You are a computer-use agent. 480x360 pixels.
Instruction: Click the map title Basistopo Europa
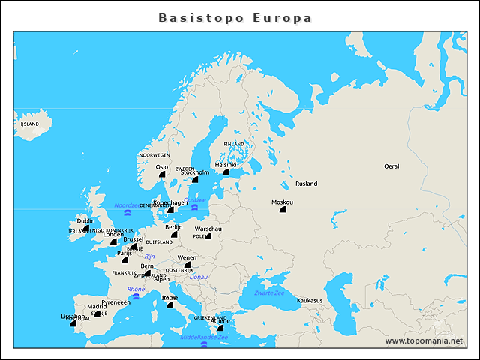tap(235, 17)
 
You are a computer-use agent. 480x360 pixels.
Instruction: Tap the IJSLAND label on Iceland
tap(29, 124)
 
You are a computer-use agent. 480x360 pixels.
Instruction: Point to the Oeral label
tap(391, 166)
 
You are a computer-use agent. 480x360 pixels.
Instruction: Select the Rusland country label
tap(306, 184)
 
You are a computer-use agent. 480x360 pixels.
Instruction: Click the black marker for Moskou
tap(283, 210)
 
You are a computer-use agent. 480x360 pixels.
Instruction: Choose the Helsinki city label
tap(226, 164)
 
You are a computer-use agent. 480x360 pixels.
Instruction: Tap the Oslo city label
tap(162, 167)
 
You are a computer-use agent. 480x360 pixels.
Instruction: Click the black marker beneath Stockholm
tap(195, 179)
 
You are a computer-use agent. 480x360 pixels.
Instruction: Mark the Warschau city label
tap(208, 228)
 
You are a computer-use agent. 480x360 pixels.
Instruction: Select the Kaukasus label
tap(310, 300)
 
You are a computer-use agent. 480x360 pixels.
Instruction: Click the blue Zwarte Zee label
tap(269, 292)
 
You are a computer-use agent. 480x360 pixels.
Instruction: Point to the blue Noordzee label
tap(127, 205)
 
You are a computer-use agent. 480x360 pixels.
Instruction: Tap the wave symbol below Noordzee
tap(127, 214)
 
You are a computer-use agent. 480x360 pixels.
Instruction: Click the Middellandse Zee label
tap(204, 337)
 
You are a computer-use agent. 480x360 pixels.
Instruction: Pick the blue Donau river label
tap(199, 277)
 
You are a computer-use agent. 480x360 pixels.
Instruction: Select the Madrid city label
tap(97, 306)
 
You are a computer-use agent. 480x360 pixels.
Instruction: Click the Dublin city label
tap(86, 221)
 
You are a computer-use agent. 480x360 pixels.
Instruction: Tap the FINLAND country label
tap(234, 144)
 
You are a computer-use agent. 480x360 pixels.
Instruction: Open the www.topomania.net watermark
tap(424, 340)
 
